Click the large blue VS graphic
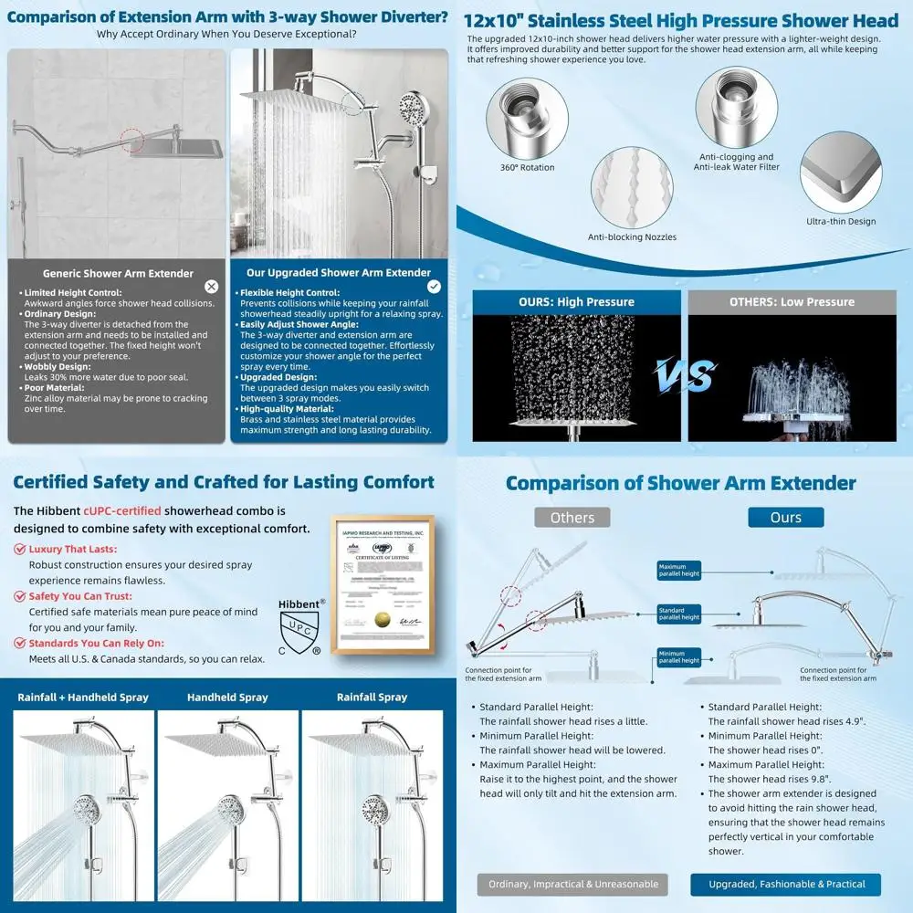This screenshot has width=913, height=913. pyautogui.click(x=684, y=375)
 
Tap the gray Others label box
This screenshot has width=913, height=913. pyautogui.click(x=572, y=518)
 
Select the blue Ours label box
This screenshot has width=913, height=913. pyautogui.click(x=785, y=518)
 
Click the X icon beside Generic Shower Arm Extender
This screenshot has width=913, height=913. pyautogui.click(x=212, y=287)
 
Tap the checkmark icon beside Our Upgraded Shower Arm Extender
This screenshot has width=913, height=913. pyautogui.click(x=434, y=287)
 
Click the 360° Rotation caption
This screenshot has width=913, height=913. pyautogui.click(x=527, y=168)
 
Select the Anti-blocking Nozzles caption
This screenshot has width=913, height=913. pyautogui.click(x=632, y=237)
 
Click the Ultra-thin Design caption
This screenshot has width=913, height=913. pyautogui.click(x=840, y=221)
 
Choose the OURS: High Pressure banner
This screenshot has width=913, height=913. pyautogui.click(x=576, y=302)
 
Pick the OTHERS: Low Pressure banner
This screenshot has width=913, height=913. pyautogui.click(x=792, y=302)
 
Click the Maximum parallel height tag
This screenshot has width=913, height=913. pyautogui.click(x=678, y=571)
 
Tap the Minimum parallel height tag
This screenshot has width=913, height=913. pyautogui.click(x=678, y=656)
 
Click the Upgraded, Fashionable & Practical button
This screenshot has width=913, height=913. pyautogui.click(x=785, y=884)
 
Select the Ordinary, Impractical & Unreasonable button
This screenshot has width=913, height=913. pyautogui.click(x=572, y=884)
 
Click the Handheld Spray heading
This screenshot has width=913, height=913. pyautogui.click(x=227, y=698)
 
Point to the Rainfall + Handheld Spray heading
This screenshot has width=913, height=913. pyautogui.click(x=82, y=698)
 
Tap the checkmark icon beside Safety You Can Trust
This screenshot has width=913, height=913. pyautogui.click(x=19, y=596)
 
